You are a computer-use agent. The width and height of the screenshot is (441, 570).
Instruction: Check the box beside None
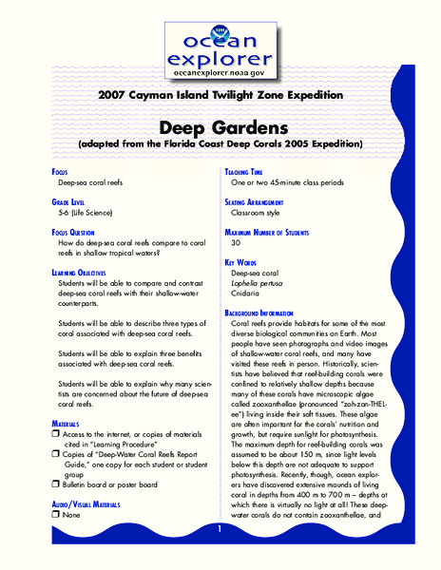coord(32,515)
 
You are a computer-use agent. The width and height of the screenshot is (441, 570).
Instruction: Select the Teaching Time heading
coord(249,171)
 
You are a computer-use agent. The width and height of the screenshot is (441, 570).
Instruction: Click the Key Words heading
coord(245,260)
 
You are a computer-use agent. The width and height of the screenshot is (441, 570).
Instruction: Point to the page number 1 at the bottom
coord(220,528)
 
